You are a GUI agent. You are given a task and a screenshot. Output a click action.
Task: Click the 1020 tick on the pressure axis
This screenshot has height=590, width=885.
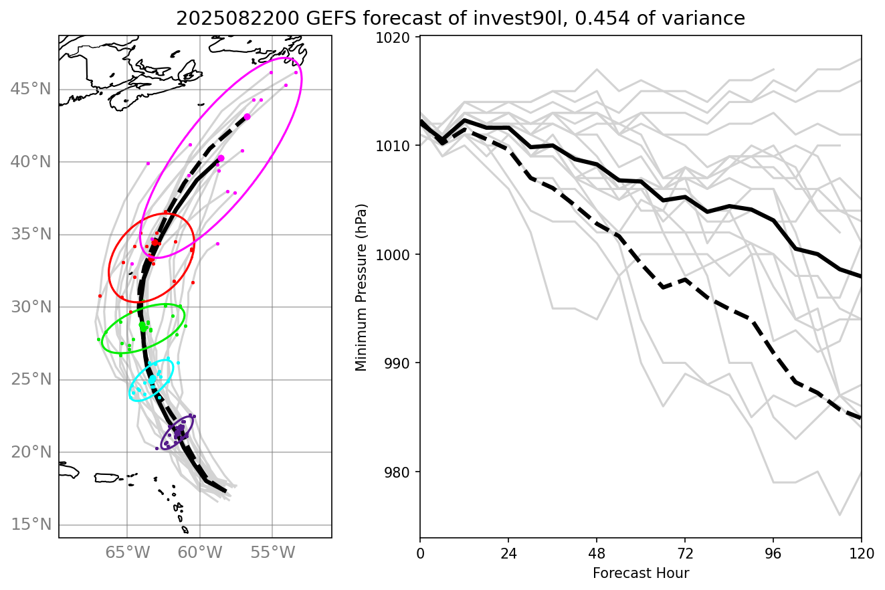coord(399,37)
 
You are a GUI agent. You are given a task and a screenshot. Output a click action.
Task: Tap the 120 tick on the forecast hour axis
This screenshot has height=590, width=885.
coord(861,555)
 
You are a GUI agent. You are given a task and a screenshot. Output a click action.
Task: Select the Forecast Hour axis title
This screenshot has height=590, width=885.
coord(640,573)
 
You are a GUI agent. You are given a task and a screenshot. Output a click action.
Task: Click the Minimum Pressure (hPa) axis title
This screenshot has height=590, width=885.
coord(361,287)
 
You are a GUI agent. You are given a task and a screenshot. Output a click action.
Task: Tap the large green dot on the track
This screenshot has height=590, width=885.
coord(143,326)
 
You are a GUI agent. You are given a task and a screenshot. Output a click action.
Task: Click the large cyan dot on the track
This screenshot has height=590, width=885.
coord(152,379)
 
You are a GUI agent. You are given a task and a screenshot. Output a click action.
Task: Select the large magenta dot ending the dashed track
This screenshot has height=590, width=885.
coord(247,116)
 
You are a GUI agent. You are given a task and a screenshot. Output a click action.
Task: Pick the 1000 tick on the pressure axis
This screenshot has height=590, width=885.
coord(399,255)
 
